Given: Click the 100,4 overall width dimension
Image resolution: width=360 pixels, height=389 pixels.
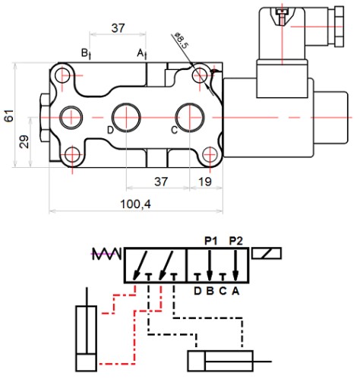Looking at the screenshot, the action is point(135,204).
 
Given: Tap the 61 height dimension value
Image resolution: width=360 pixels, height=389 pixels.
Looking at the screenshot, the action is point(9,115).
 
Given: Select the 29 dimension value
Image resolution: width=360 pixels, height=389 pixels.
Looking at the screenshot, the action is point(24,141).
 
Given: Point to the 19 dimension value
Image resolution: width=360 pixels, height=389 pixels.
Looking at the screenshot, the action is point(205,182).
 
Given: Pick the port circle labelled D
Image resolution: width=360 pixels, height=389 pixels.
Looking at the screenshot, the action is point(126,118).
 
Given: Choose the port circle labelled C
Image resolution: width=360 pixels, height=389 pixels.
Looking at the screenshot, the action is point(190,118).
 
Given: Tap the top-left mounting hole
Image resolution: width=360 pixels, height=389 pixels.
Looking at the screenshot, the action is point(62,75).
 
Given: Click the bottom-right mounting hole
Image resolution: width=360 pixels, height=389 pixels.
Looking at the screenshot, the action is point(210,154).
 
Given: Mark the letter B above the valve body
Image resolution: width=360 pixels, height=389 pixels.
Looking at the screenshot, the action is point(84,53).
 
